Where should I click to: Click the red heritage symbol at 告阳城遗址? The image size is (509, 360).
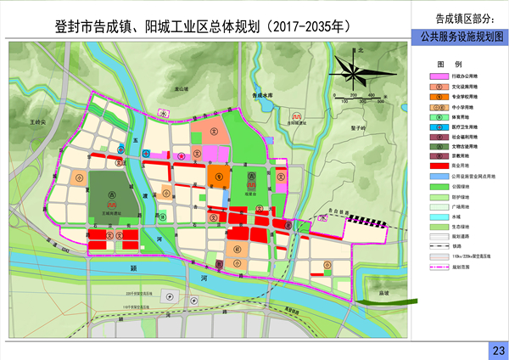click(x=294, y=116)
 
